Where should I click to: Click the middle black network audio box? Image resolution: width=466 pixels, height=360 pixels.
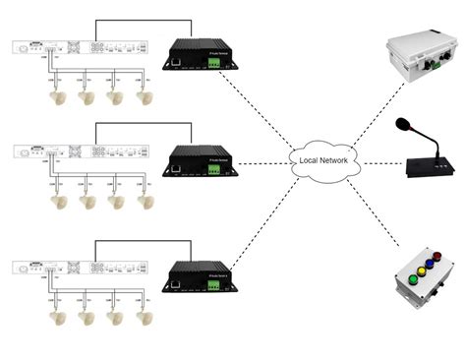tap(201, 162)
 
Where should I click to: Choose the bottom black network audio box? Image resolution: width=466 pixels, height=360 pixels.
tap(201, 272)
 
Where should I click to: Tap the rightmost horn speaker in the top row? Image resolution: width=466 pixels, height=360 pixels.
tap(146, 96)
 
